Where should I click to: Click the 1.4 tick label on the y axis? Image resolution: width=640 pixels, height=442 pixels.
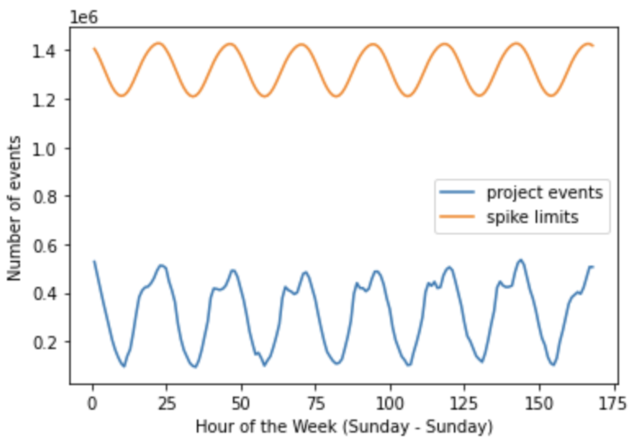click(x=45, y=52)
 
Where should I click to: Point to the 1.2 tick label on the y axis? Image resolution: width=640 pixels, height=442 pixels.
click(x=45, y=100)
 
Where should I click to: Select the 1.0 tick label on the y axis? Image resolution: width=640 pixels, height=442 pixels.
click(x=45, y=149)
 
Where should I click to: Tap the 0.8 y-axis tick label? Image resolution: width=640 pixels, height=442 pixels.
click(x=45, y=197)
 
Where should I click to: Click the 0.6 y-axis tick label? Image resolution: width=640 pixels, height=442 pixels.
click(x=45, y=246)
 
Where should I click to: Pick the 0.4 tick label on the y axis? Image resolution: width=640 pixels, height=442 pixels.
click(x=45, y=294)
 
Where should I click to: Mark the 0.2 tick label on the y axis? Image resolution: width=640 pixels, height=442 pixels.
click(x=45, y=343)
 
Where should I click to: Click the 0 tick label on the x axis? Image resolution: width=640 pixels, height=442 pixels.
click(x=92, y=404)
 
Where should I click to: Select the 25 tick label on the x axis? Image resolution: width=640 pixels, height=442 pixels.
click(x=167, y=404)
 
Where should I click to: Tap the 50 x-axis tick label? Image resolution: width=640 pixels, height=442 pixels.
click(x=241, y=404)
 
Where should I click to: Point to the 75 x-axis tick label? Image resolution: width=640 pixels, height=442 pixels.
click(x=315, y=404)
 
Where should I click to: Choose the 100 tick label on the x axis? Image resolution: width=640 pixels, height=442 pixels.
click(x=390, y=404)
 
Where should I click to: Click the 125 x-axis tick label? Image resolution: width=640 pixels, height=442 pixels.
click(x=464, y=404)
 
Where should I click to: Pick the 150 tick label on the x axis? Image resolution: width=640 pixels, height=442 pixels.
click(x=539, y=404)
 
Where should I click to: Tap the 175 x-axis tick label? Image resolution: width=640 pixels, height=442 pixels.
click(x=613, y=404)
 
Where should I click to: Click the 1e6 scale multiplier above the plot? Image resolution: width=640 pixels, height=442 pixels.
click(x=84, y=18)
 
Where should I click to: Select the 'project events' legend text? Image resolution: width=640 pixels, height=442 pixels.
click(x=544, y=193)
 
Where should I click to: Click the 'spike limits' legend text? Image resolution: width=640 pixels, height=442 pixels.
click(x=532, y=217)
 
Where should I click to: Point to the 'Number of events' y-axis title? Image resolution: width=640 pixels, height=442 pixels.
click(x=14, y=209)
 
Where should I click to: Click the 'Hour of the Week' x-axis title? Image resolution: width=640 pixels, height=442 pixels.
click(x=344, y=427)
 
